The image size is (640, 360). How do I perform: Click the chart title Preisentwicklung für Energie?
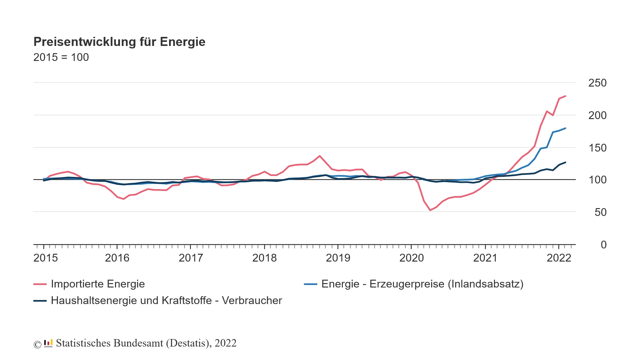click(x=119, y=42)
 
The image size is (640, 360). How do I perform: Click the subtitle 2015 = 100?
click(x=61, y=57)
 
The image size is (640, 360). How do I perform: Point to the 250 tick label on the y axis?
click(x=597, y=83)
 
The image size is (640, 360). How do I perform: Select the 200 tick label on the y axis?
click(x=597, y=116)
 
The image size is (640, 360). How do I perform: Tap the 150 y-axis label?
click(x=597, y=148)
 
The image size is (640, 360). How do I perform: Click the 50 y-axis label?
click(x=600, y=212)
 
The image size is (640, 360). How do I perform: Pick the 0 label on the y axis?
click(x=603, y=245)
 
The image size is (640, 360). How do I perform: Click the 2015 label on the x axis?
click(x=46, y=258)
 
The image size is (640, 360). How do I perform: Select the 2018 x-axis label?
click(x=264, y=258)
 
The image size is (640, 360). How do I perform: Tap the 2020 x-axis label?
click(x=412, y=258)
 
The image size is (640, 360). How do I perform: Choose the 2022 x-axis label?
click(x=559, y=258)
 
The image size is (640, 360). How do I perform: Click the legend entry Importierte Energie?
click(x=97, y=284)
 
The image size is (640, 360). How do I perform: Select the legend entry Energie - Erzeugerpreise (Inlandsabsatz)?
click(x=422, y=284)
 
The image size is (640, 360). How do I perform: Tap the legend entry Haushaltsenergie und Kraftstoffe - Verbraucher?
click(x=166, y=301)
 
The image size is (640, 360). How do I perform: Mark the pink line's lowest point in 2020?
click(x=430, y=210)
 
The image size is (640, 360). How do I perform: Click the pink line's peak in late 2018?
click(x=319, y=156)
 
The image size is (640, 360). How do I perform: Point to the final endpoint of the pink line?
click(x=565, y=96)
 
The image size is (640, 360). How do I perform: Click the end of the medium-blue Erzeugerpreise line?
click(x=565, y=128)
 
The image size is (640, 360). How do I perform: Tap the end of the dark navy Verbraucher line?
click(x=565, y=162)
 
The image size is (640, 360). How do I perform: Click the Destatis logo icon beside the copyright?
click(x=48, y=343)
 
